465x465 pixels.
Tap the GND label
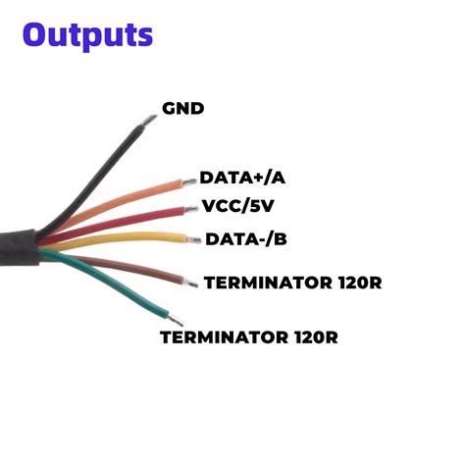181,107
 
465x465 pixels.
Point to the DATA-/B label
245,238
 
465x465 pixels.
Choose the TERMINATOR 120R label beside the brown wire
291,284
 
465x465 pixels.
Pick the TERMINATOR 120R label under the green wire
249,338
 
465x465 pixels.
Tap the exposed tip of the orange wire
188,181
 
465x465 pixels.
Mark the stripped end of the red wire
189,208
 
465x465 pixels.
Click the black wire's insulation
98,172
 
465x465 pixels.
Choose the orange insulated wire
128,202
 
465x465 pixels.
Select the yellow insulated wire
128,238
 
